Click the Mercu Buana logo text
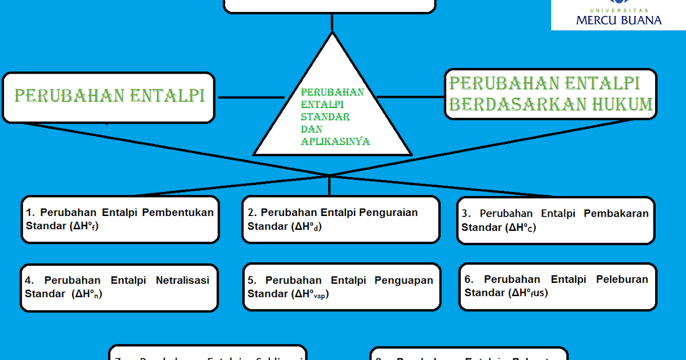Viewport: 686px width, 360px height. pos(619,20)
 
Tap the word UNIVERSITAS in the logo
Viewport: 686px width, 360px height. pos(619,10)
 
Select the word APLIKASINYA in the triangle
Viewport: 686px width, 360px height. pos(336,142)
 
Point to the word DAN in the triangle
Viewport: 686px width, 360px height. pos(312,129)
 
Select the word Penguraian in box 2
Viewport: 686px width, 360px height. pos(389,213)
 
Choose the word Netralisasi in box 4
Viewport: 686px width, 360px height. pos(182,280)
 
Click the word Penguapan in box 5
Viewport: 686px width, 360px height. pos(404,280)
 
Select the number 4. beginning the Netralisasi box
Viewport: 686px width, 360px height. pos(30,280)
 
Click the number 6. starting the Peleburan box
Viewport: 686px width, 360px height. pos(469,279)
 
